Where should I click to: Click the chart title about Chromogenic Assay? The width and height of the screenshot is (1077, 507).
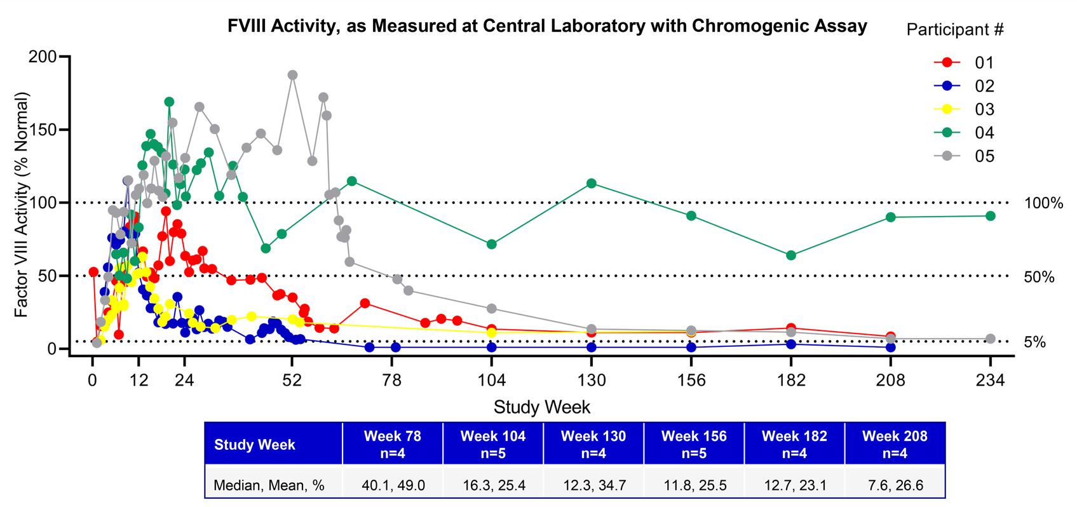547,26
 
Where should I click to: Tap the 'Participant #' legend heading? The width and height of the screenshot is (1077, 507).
954,30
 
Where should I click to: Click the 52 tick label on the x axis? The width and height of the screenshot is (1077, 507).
292,381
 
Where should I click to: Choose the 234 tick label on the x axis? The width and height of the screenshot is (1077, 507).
990,381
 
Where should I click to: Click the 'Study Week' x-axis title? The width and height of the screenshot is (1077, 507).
541,407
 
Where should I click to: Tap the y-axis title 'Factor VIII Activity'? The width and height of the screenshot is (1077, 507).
22,205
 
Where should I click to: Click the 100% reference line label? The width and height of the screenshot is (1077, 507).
1043,203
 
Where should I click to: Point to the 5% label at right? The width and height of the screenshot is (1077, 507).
1034,342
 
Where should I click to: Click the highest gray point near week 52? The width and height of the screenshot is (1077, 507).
292,75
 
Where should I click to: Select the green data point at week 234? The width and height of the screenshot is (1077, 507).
990,216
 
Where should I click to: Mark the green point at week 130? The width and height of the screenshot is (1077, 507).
592,184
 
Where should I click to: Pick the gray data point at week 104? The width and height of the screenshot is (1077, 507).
491,309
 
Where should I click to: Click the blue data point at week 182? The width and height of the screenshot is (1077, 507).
791,344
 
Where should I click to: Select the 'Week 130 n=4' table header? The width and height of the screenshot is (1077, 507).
593,444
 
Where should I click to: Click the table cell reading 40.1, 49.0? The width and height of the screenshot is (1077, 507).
393,485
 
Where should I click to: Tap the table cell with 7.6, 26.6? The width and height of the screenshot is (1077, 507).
895,485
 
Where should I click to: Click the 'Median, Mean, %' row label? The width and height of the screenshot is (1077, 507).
269,485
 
